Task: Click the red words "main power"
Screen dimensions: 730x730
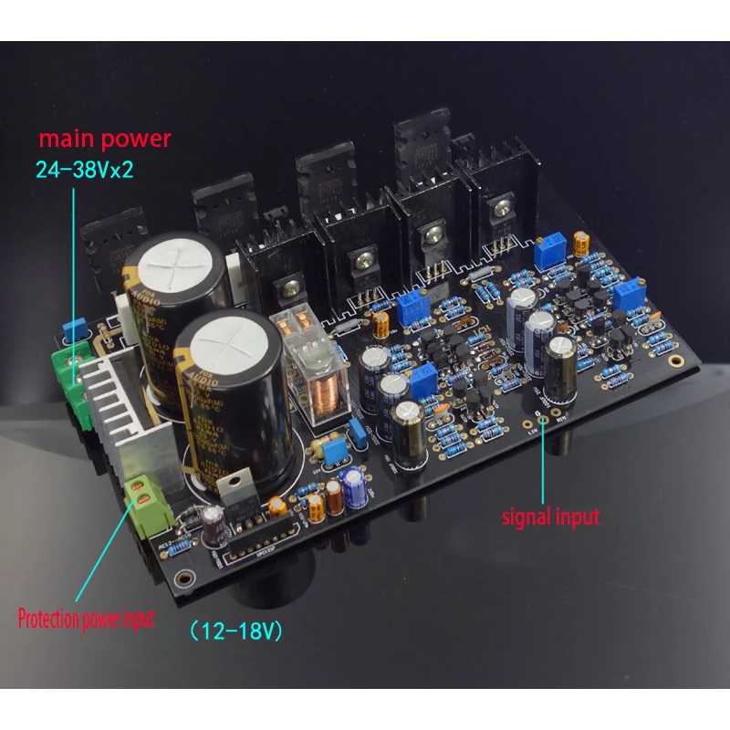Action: (103, 140)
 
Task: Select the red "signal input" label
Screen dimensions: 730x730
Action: (551, 516)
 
